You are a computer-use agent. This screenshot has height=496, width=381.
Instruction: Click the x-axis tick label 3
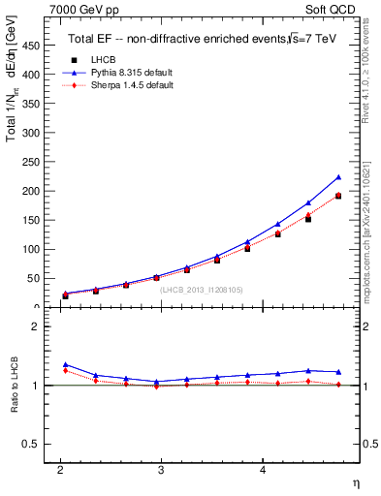[x=162, y=469]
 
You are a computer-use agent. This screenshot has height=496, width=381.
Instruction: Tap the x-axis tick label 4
[x=263, y=469]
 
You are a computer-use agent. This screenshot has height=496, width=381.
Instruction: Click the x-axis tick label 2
[x=60, y=469]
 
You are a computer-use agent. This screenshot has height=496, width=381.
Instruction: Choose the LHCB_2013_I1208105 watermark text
[x=201, y=290]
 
